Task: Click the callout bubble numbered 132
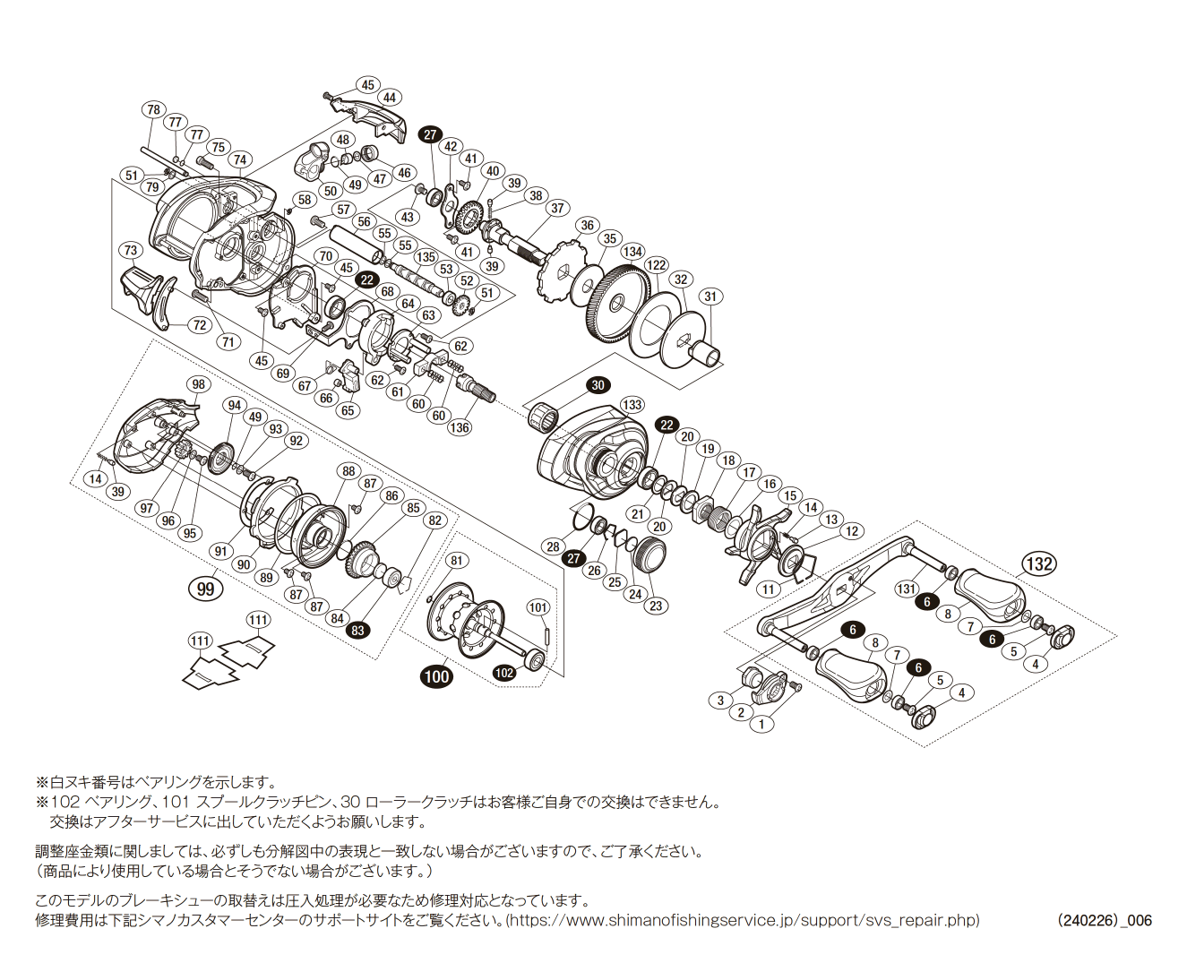[x=1038, y=563]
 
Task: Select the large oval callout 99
[x=205, y=589]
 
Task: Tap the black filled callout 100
[x=436, y=676]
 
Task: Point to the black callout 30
[x=598, y=385]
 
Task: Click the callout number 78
[x=154, y=109]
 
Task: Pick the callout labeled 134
[x=632, y=252]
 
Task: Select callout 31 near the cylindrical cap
[x=710, y=297]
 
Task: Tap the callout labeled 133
[x=632, y=405]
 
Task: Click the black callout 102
[x=504, y=673]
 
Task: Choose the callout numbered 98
[x=198, y=384]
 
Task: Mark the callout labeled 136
[x=460, y=427]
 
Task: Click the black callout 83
[x=358, y=630]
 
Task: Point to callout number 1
[x=761, y=724]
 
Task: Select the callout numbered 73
[x=131, y=250]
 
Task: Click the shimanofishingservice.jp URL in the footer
[x=743, y=921]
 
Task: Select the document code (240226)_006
[x=1104, y=921]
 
